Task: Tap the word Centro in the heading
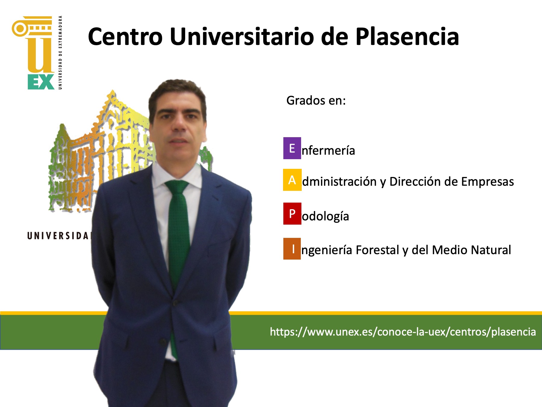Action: (x=125, y=37)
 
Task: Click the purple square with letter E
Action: (x=292, y=148)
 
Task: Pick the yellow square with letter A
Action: (x=292, y=180)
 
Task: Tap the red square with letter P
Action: (x=292, y=214)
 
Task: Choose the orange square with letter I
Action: (x=292, y=249)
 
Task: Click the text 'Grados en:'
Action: (x=316, y=101)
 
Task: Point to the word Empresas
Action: (x=487, y=182)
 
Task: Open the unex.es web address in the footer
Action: (x=403, y=332)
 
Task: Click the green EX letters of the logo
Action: (x=41, y=82)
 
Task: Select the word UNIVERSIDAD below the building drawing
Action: (x=59, y=236)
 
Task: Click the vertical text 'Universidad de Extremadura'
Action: (x=60, y=52)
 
